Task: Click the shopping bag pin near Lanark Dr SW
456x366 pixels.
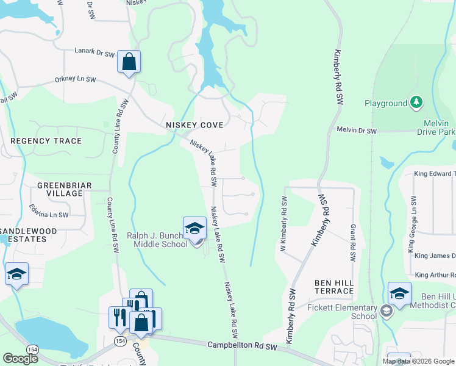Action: pyautogui.click(x=129, y=62)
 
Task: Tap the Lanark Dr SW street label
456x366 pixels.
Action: pyautogui.click(x=94, y=54)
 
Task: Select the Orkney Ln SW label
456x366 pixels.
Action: pyautogui.click(x=75, y=79)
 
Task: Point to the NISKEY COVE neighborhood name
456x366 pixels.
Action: pyautogui.click(x=194, y=124)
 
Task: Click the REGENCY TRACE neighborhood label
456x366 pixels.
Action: pyautogui.click(x=46, y=141)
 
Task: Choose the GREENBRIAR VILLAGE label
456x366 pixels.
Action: pyautogui.click(x=60, y=189)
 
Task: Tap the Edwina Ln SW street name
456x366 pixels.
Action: pyautogui.click(x=49, y=211)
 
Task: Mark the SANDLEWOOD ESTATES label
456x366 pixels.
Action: pyautogui.click(x=37, y=235)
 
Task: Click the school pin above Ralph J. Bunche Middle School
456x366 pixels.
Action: pyautogui.click(x=194, y=228)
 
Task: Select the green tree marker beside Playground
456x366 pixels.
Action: pyautogui.click(x=416, y=103)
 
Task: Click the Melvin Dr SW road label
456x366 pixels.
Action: pyautogui.click(x=357, y=131)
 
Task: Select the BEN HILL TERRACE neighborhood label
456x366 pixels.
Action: pyautogui.click(x=333, y=287)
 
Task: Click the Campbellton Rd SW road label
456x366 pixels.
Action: pyautogui.click(x=242, y=346)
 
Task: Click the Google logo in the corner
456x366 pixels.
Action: pyautogui.click(x=20, y=359)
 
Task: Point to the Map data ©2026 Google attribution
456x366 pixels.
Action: pyautogui.click(x=418, y=361)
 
